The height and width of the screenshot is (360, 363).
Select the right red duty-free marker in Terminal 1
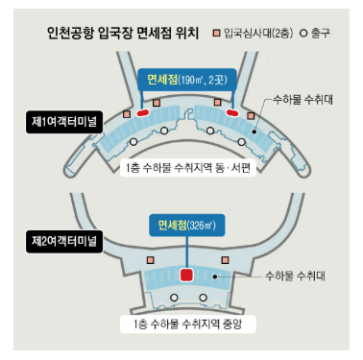(x=230, y=112)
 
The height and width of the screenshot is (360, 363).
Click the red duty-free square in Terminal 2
(x=187, y=275)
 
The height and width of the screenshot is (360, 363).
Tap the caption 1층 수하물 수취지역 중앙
(x=185, y=324)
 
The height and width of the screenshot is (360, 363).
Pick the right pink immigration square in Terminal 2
(x=226, y=259)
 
